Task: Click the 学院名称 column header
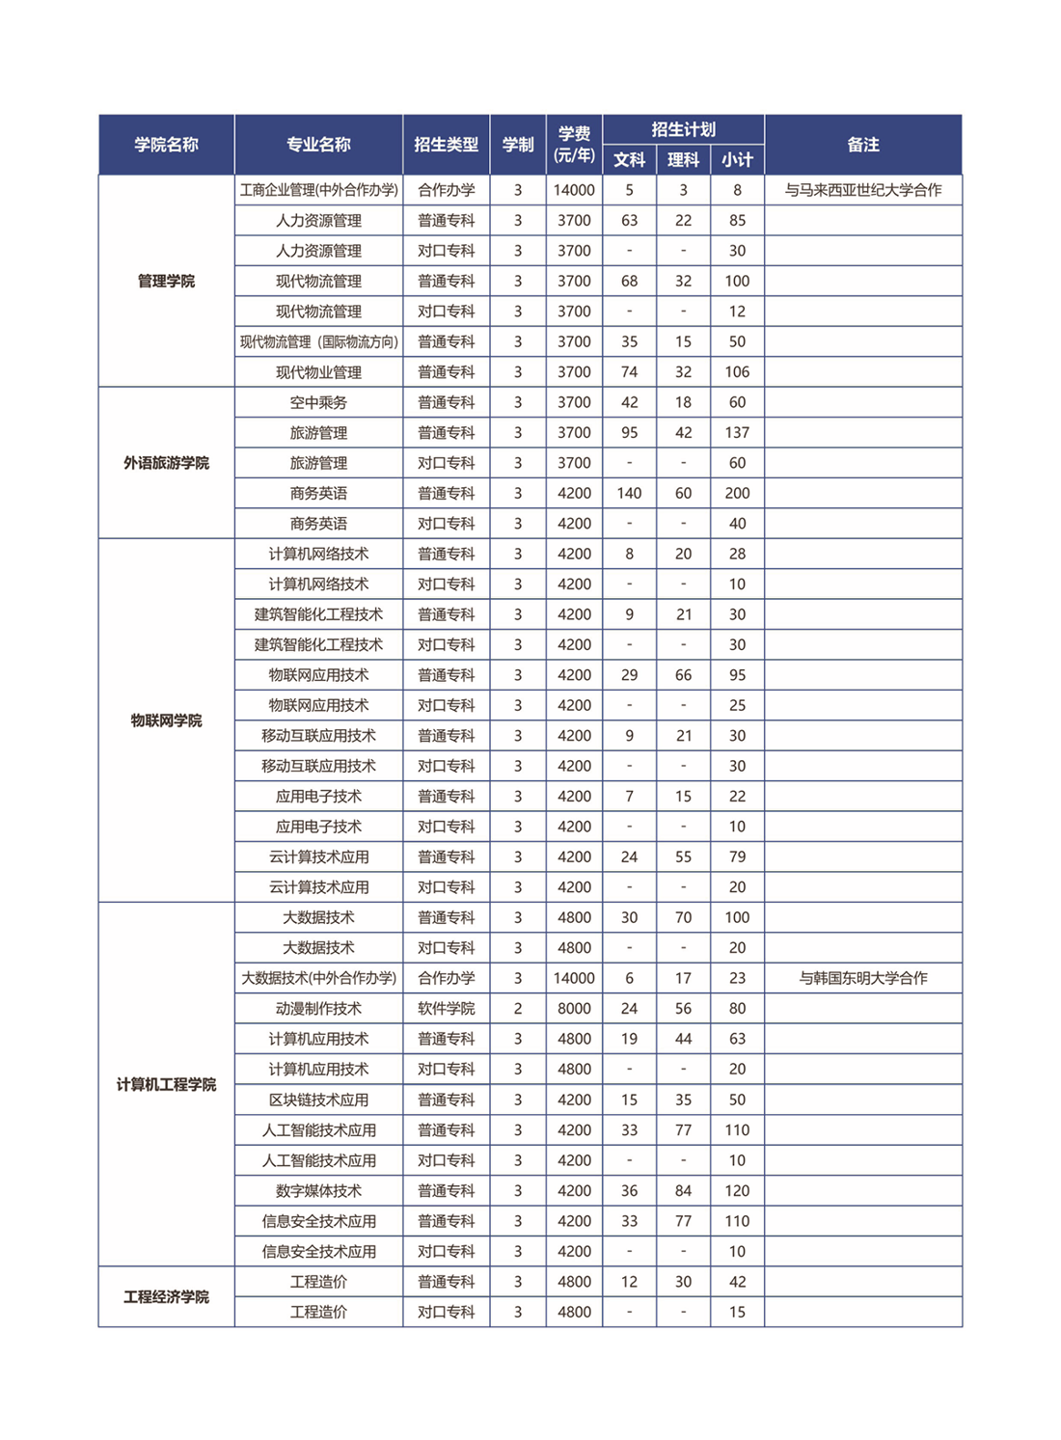[166, 145]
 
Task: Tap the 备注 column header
[862, 145]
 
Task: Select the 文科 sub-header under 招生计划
[629, 160]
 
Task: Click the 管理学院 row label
[166, 282]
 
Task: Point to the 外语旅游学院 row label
[166, 463]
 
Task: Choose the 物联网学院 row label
[166, 720]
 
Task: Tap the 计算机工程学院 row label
[166, 1085]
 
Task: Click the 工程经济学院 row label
[166, 1297]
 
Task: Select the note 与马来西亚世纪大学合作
[862, 190]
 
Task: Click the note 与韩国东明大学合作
[862, 978]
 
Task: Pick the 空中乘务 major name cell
[318, 402]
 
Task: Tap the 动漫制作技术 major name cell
[318, 1009]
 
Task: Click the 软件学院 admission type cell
[446, 1009]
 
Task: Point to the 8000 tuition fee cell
[574, 1009]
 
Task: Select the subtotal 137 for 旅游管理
[737, 433]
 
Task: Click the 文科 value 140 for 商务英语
[629, 494]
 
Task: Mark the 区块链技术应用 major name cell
[318, 1100]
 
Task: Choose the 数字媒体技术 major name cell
[318, 1191]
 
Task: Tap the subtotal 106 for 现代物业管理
[737, 372]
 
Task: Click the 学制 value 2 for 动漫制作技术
[518, 1009]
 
